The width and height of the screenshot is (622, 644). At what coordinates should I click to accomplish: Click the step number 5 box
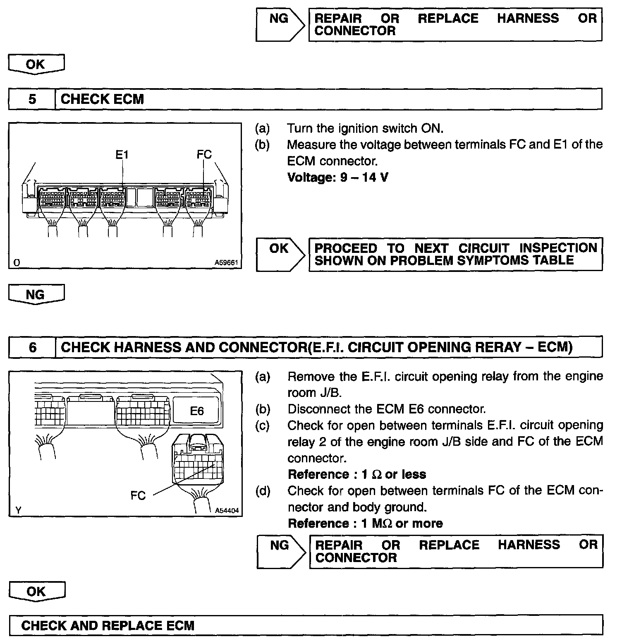(32, 99)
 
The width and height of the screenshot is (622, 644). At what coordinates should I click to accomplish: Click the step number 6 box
(32, 347)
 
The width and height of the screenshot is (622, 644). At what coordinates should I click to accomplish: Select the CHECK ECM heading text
(102, 99)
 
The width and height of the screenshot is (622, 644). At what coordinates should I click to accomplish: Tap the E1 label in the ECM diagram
(122, 155)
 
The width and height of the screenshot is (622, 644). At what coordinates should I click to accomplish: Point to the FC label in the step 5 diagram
(204, 154)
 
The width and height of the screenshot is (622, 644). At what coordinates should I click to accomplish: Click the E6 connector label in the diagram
(197, 411)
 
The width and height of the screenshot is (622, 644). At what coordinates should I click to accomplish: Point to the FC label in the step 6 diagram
(138, 495)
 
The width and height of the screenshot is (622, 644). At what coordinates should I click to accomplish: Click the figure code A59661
(226, 262)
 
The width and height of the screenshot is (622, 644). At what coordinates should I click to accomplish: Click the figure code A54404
(227, 511)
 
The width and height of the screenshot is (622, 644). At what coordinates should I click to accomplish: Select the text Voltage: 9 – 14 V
(337, 178)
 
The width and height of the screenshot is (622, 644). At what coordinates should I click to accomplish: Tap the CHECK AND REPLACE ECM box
(306, 625)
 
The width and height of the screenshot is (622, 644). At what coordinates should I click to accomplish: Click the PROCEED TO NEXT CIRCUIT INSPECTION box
(455, 254)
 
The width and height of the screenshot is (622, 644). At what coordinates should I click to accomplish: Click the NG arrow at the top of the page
(280, 24)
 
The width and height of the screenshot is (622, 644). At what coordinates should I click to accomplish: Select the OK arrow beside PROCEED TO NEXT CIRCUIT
(280, 254)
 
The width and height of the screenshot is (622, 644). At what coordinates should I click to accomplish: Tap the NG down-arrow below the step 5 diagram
(36, 295)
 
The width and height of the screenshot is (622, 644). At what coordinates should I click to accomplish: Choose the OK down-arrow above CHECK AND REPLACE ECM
(36, 591)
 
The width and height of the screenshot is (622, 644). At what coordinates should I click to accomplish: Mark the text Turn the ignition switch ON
(365, 129)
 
